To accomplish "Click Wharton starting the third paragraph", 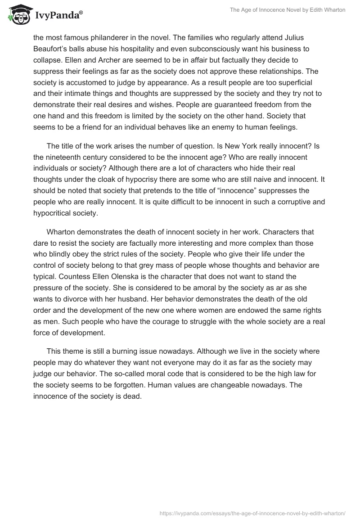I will [62, 233].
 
